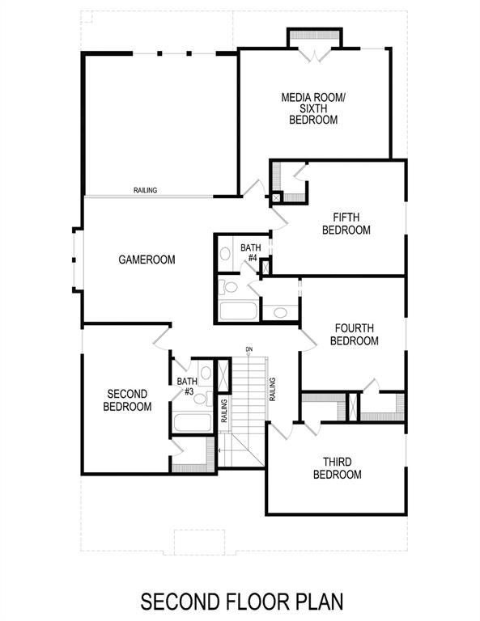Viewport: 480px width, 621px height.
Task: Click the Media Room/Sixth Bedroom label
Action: coord(312,108)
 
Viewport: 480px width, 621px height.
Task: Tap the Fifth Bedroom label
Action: coord(346,223)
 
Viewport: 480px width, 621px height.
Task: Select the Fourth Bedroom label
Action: coord(354,334)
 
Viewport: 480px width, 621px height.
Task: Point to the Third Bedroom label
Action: coord(337,468)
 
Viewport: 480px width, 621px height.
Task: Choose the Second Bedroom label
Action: coord(127,400)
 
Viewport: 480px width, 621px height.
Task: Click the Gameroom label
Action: coord(147,260)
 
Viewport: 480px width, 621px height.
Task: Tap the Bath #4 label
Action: coord(248,252)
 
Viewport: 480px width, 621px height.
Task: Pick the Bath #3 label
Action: coord(187,387)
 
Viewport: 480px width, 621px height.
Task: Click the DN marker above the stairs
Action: coord(250,350)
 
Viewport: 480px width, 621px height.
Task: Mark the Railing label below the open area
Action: coord(146,191)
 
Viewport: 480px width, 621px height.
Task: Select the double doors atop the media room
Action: coord(313,53)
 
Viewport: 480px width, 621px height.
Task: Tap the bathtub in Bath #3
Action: coord(191,424)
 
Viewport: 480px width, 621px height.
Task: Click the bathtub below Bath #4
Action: coord(238,310)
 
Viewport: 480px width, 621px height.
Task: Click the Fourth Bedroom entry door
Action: coord(308,340)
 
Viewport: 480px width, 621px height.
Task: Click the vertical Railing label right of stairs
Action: coord(274,389)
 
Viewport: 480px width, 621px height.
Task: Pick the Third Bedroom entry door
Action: coord(278,429)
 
